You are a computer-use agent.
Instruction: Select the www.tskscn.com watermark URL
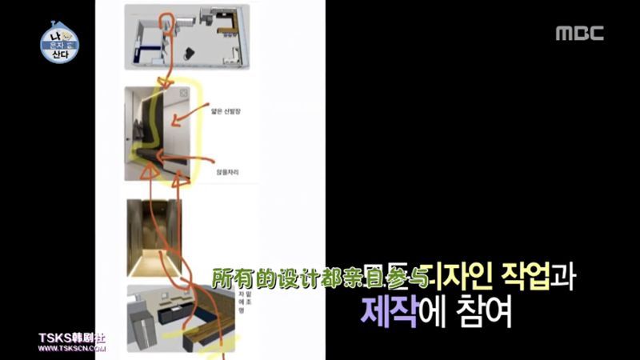72,348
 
